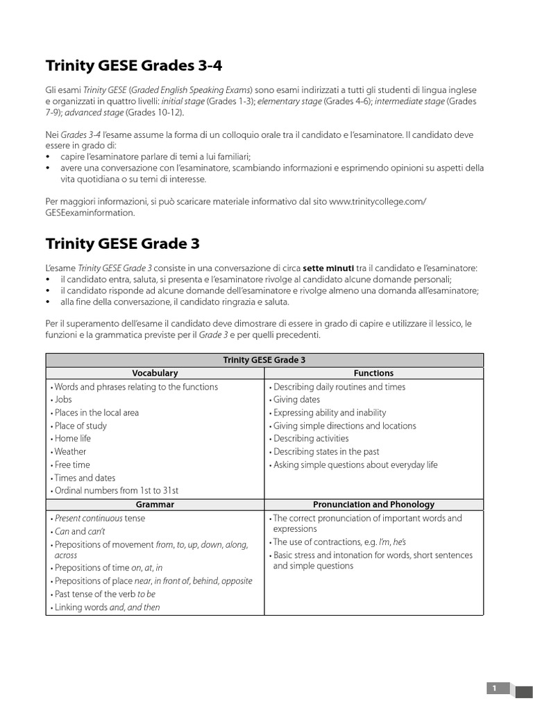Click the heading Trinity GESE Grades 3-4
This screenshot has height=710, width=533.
pos(134,66)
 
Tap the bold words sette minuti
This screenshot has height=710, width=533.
pos(328,268)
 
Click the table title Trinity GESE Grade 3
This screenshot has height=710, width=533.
pos(264,360)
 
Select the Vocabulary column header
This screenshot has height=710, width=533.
pos(155,373)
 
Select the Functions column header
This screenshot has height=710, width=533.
pos(373,373)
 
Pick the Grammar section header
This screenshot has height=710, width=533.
pos(155,504)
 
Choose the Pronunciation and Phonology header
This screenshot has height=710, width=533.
pos(373,504)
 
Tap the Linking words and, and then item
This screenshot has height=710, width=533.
pos(106,607)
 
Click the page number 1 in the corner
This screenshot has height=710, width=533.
pos(495,688)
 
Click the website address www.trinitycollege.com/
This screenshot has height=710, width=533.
pos(378,201)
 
